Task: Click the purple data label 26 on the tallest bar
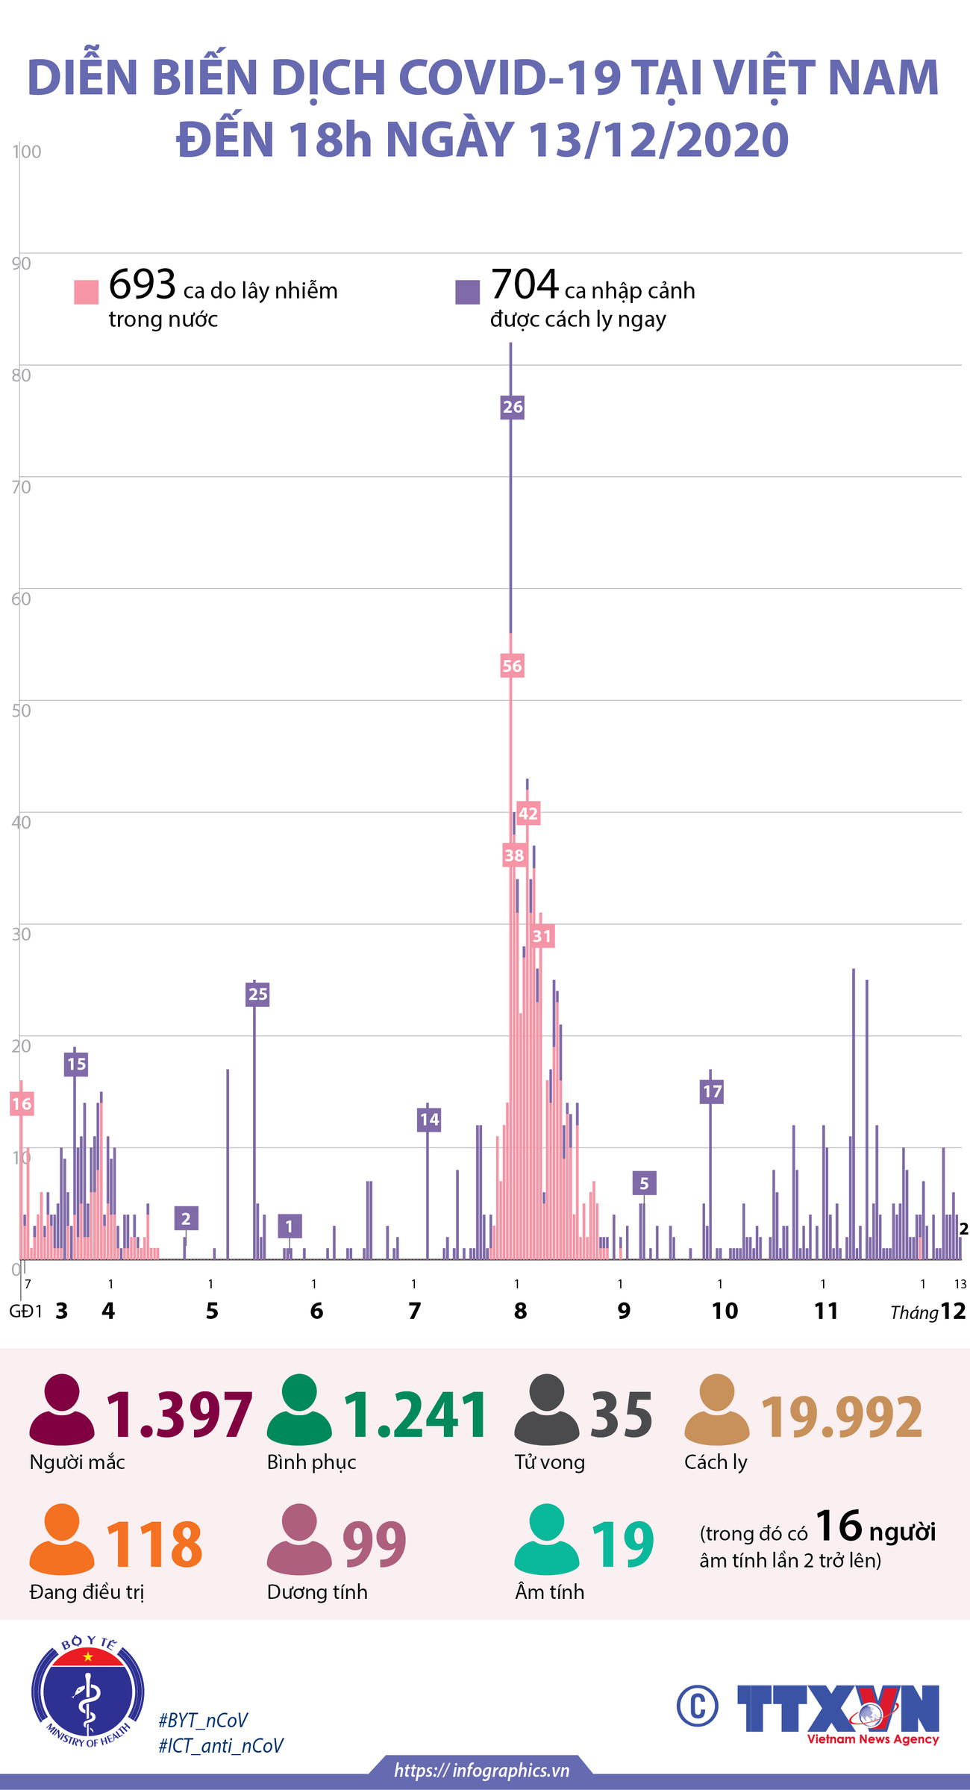tap(512, 407)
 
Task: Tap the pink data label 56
tap(512, 666)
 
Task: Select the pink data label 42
tap(528, 813)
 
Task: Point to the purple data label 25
tap(257, 994)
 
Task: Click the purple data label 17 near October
tap(713, 1091)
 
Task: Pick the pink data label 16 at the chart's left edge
tap(22, 1104)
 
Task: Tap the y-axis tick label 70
tap(22, 487)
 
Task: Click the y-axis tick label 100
tap(27, 152)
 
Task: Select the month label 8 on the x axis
tap(520, 1311)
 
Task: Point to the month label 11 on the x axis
tap(826, 1311)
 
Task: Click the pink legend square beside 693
tap(87, 292)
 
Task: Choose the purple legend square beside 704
tap(468, 292)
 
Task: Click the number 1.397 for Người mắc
tap(179, 1414)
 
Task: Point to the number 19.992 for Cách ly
tap(842, 1416)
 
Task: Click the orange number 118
tap(154, 1544)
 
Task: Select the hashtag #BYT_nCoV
tap(203, 1721)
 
